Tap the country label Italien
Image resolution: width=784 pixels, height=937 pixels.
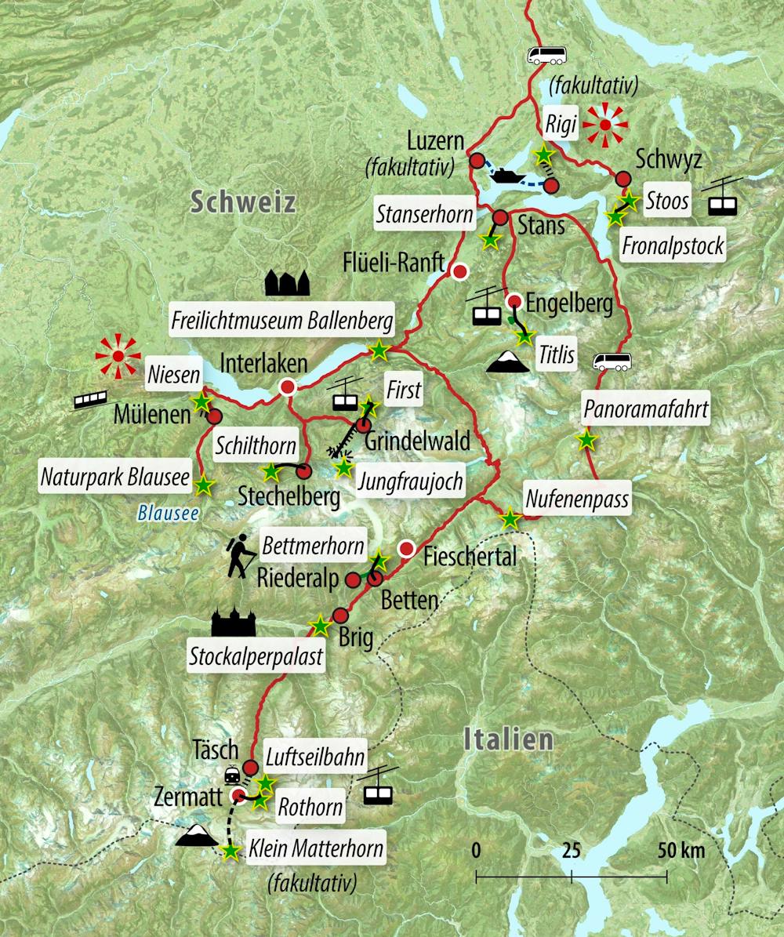pos(508,739)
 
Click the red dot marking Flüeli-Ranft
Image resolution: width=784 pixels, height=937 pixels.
pos(460,272)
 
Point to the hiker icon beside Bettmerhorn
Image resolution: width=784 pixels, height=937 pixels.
pos(241,554)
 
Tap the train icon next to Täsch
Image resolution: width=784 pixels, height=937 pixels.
pos(233,775)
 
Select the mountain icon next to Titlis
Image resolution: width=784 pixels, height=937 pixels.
pos(507,361)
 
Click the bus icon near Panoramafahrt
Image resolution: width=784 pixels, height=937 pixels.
pos(612,361)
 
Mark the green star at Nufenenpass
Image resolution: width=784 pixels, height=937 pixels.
pos(510,518)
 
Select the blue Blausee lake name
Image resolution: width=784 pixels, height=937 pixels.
pos(167,514)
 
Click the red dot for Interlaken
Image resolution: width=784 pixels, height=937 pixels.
pos(288,387)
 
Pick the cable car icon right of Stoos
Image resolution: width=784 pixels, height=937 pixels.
pos(722,198)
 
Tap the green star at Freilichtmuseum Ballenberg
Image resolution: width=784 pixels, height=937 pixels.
pos(379,350)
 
